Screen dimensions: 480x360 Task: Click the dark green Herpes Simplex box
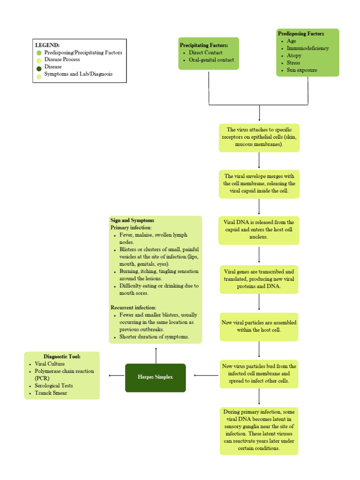point(155,377)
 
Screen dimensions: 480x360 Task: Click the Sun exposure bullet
point(301,70)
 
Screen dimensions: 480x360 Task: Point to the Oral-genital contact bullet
point(211,60)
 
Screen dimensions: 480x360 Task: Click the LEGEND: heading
point(47,45)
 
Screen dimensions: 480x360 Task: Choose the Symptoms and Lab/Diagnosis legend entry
point(78,74)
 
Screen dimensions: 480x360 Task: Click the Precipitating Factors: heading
point(204,45)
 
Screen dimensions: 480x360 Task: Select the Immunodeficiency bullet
point(307,48)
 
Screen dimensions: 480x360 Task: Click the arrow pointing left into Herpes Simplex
point(206,375)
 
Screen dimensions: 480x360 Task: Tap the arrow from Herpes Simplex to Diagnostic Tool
point(116,375)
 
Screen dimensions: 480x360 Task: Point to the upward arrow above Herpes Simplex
point(156,355)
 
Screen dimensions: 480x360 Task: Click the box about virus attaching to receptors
point(259,137)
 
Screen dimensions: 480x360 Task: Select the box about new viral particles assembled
point(259,326)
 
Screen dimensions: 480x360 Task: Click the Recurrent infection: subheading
point(133,307)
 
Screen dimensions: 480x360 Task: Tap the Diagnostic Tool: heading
point(62,356)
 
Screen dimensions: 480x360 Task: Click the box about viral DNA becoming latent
point(259,430)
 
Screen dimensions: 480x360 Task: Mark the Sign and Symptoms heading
point(132,220)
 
